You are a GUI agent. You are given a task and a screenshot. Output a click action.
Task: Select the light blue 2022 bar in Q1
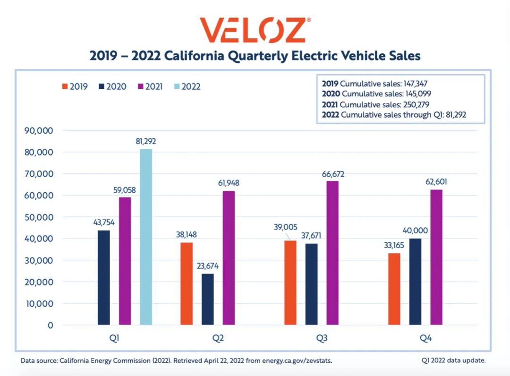coord(146,237)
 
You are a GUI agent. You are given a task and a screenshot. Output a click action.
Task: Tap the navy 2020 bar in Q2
coord(208,299)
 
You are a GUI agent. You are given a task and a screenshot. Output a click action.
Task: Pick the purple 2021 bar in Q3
coord(332,253)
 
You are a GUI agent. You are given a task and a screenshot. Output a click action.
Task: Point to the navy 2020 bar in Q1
coord(104,277)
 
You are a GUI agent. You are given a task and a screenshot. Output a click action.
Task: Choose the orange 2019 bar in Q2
coord(187,283)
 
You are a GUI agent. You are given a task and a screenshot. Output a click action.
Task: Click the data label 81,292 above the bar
coord(145,141)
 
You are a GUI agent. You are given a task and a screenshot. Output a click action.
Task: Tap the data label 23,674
coord(208,266)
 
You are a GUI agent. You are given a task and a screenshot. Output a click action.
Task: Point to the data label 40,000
coord(416,231)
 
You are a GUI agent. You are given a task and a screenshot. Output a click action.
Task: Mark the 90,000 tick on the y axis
coord(38,131)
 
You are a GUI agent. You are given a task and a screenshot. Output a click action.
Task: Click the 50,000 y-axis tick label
coord(38,217)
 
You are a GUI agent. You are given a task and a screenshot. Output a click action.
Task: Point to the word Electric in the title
coord(304,56)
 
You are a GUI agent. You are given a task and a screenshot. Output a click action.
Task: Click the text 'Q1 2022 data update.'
coord(453,360)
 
